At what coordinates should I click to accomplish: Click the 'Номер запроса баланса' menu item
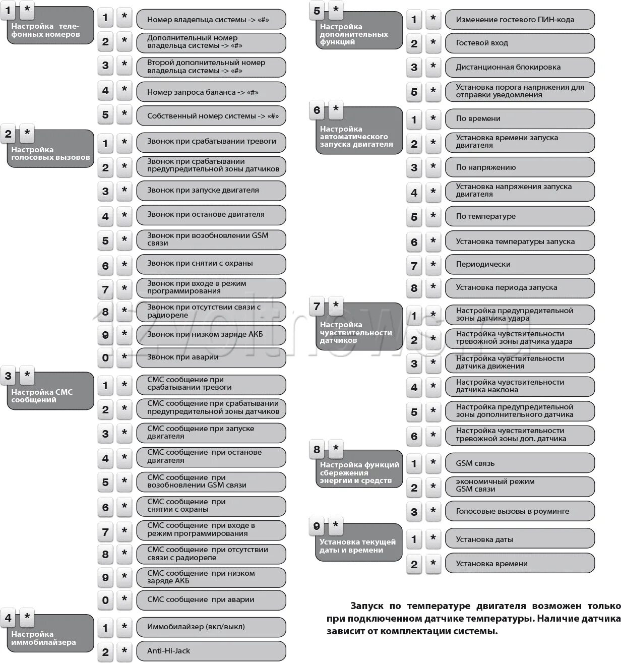[211, 92]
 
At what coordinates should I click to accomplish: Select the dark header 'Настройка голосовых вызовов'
[50, 153]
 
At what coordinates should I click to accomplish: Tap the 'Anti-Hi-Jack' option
[211, 651]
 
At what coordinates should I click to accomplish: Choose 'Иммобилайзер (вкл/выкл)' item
[211, 627]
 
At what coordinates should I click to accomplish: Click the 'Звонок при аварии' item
[211, 357]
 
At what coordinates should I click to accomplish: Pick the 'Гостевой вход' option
[519, 43]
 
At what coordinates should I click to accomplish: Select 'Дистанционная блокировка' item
[519, 67]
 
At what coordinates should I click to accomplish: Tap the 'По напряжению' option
[519, 167]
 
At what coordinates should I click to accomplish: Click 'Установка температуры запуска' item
[519, 242]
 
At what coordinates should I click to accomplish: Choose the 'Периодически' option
[519, 264]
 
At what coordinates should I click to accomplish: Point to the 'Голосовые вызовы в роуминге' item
[519, 511]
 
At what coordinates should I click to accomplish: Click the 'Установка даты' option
[519, 539]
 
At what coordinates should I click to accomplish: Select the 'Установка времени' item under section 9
[519, 564]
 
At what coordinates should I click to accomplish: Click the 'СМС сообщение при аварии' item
[211, 599]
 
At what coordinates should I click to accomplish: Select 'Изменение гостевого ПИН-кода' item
[519, 20]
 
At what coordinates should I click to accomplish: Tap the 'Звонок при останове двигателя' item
[211, 215]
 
